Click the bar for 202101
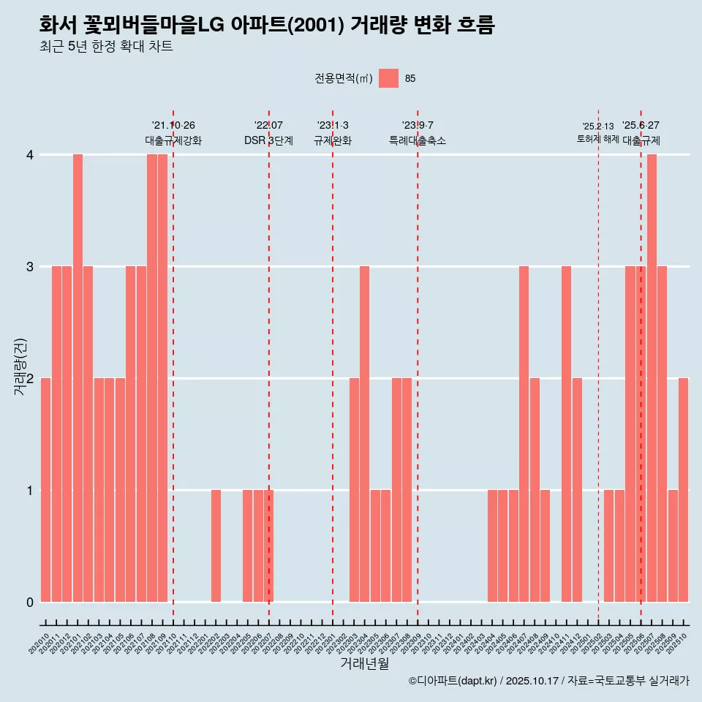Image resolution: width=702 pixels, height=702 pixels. (x=78, y=378)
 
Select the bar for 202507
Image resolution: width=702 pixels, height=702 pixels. (x=652, y=378)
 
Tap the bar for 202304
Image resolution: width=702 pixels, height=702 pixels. (x=364, y=434)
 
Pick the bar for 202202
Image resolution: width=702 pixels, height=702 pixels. (x=216, y=546)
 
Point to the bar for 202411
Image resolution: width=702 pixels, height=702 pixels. (x=566, y=434)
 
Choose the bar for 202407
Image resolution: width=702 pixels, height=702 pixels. (x=524, y=434)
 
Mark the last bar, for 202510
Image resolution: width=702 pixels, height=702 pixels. (x=683, y=490)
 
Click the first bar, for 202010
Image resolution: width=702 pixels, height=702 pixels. (x=45, y=490)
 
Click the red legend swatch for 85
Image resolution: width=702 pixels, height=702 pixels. (x=389, y=78)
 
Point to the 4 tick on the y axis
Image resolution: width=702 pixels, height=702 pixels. (x=30, y=155)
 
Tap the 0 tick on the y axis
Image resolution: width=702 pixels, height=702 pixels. (x=30, y=602)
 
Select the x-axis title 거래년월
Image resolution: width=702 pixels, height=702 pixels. (x=364, y=663)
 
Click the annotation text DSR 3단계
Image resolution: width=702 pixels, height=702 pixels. (x=268, y=140)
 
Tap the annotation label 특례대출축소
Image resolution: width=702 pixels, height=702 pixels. (x=417, y=140)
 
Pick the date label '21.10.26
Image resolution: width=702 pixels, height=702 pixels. (x=173, y=126)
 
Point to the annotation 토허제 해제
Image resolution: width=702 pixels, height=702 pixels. (x=597, y=139)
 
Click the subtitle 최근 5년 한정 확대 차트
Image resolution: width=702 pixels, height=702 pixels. (x=106, y=48)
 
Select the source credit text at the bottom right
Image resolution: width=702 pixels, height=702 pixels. (x=548, y=681)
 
